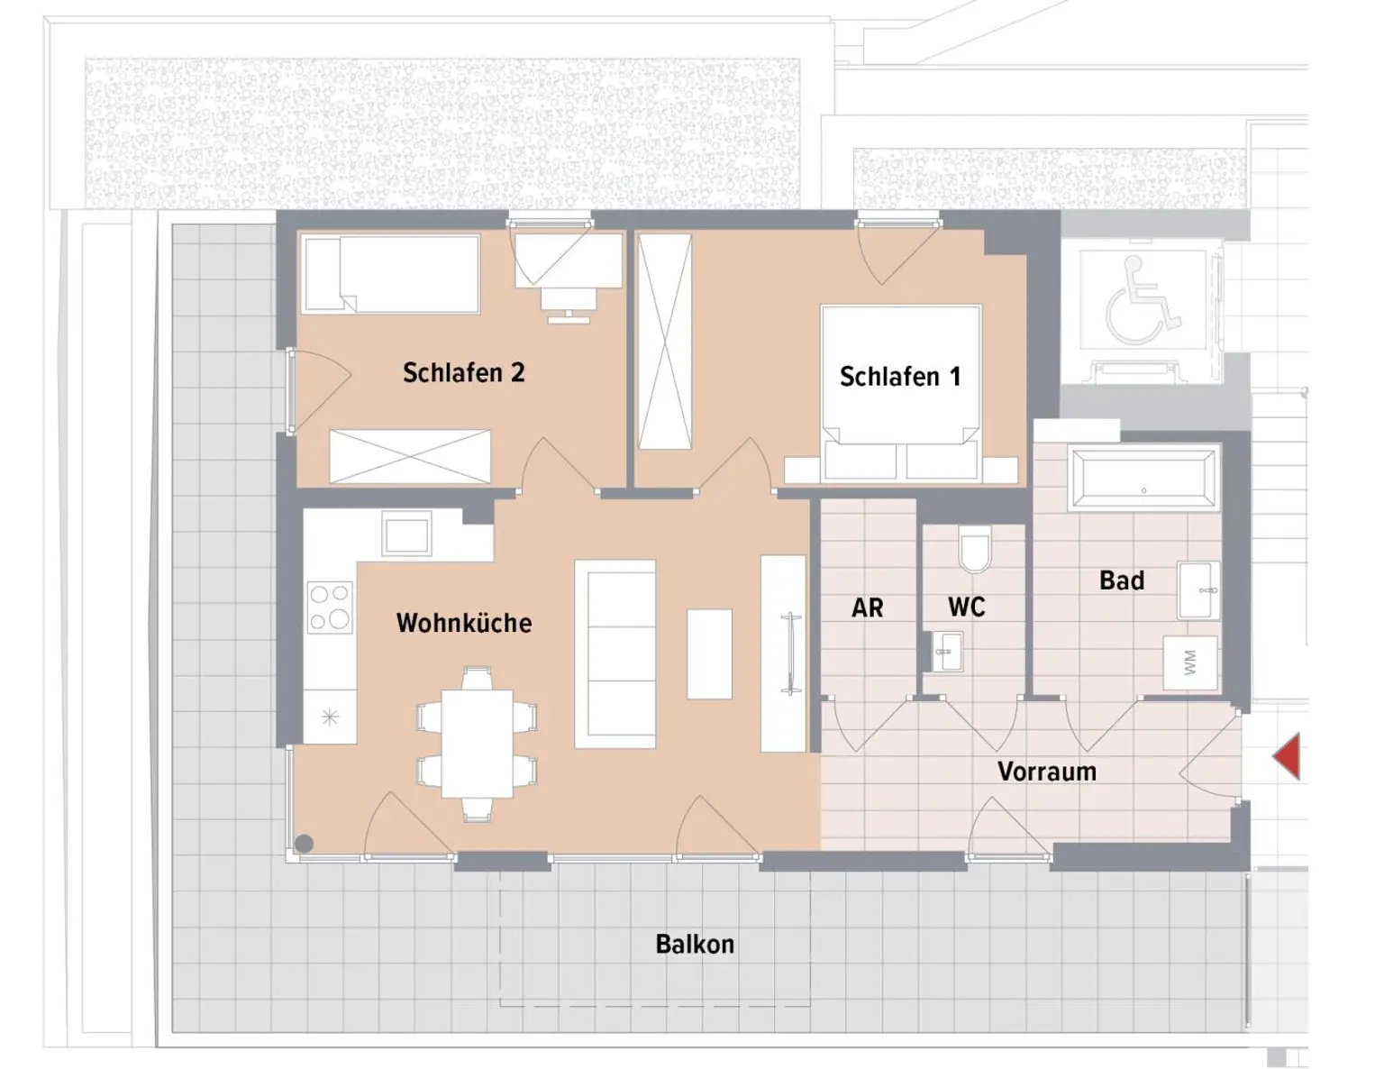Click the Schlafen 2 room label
(x=464, y=372)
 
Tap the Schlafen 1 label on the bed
(x=900, y=377)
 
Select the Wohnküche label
(x=464, y=623)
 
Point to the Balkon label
(x=695, y=944)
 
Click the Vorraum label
(x=1047, y=772)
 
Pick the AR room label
(x=868, y=608)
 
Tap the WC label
(x=966, y=607)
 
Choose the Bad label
(x=1122, y=580)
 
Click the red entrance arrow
(x=1288, y=756)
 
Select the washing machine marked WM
(x=1189, y=662)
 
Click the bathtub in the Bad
(x=1143, y=479)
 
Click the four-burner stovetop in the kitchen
(x=330, y=608)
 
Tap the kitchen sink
(x=406, y=534)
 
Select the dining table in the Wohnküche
(x=477, y=744)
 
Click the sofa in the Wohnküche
(x=615, y=654)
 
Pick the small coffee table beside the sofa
(x=709, y=654)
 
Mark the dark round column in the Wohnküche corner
(x=305, y=844)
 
